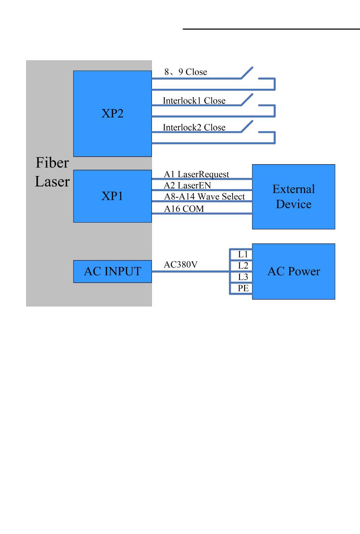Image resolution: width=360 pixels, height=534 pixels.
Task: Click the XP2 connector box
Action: tap(113, 113)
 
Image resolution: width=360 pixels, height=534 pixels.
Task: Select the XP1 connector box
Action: tap(113, 196)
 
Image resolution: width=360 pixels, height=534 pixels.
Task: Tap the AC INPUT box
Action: tap(113, 272)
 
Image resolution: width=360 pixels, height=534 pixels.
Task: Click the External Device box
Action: tap(294, 197)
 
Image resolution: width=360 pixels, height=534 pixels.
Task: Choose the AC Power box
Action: tap(294, 272)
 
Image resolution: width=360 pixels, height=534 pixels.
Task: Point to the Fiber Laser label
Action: tap(52, 172)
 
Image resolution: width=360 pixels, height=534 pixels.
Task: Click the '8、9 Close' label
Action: tap(186, 72)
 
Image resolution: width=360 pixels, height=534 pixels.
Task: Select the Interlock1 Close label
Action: tap(194, 101)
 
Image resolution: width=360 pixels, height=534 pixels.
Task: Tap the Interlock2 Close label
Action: tap(194, 127)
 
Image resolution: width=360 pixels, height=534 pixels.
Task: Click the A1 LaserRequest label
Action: tap(196, 174)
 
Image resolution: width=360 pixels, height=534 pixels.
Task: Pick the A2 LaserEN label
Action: tap(187, 185)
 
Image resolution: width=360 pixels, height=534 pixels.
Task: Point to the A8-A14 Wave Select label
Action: tap(204, 196)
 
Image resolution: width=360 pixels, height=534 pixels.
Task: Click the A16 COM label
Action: tap(184, 209)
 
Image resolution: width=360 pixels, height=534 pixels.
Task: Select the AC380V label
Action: tap(181, 264)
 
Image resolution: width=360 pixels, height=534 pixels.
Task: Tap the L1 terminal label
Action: tap(243, 254)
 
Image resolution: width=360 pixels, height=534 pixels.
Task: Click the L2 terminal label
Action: tap(243, 265)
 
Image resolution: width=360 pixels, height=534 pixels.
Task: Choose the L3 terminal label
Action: tap(243, 277)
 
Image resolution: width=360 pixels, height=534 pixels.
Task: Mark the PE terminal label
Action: tap(243, 288)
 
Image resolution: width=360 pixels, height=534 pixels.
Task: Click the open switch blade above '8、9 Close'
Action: tap(247, 73)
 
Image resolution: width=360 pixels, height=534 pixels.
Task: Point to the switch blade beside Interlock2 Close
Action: tap(247, 126)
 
